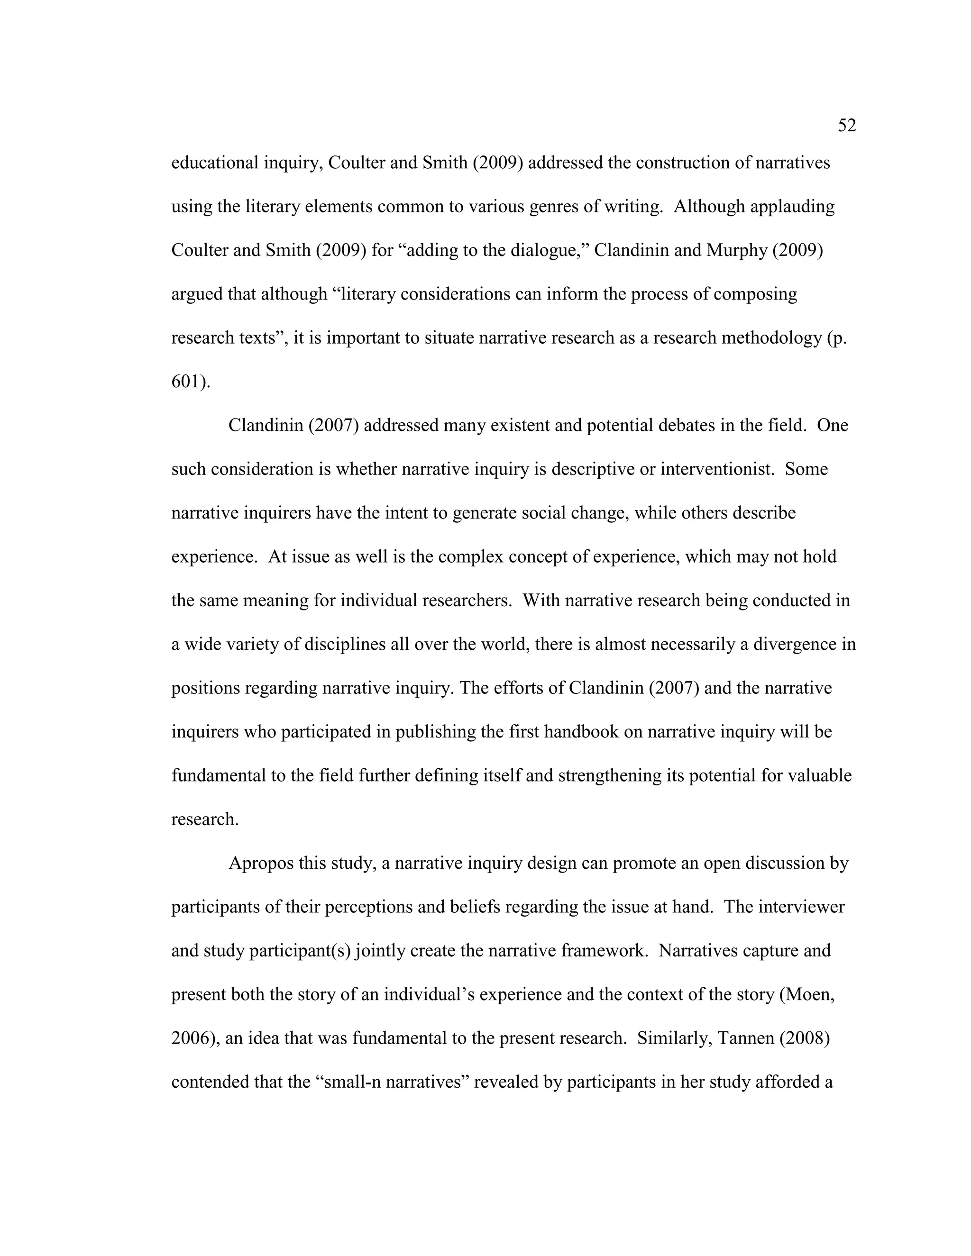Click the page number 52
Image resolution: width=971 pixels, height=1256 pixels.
(847, 126)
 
